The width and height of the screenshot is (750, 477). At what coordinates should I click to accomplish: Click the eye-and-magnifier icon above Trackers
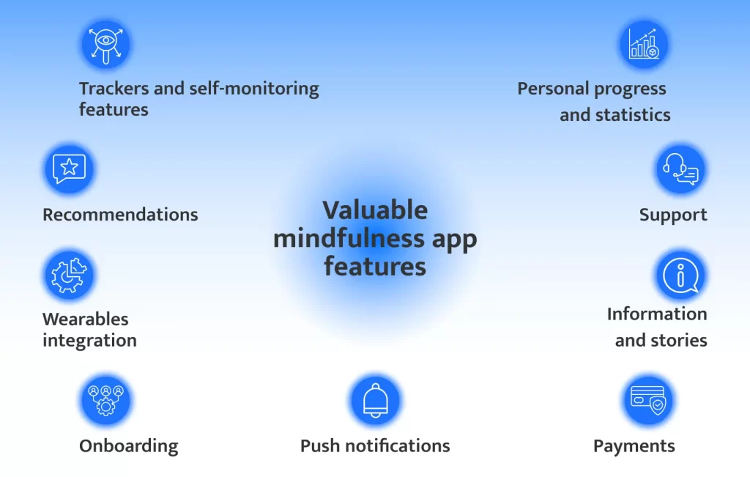click(105, 45)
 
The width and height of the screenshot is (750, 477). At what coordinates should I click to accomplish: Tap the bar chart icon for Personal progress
click(644, 45)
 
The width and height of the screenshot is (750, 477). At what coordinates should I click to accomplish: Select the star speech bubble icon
click(70, 169)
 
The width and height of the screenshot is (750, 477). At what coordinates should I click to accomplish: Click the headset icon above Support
click(680, 169)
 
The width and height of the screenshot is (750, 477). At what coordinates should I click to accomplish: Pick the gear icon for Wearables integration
click(70, 276)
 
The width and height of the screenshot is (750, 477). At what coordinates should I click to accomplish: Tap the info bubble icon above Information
click(680, 276)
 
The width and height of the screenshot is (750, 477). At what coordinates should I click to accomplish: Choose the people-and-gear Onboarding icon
click(105, 400)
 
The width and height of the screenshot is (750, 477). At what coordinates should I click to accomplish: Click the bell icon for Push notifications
click(376, 401)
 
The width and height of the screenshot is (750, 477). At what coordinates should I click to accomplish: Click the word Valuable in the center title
click(375, 210)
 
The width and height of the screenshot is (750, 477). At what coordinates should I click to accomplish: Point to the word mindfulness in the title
click(349, 238)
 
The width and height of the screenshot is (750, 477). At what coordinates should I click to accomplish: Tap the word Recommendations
click(120, 215)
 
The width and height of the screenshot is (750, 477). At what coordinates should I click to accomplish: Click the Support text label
click(673, 215)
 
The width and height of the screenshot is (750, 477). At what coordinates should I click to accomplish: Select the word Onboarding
click(129, 446)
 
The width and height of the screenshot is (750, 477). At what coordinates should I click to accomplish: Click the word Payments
click(634, 446)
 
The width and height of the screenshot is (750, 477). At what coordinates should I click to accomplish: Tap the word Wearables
click(86, 319)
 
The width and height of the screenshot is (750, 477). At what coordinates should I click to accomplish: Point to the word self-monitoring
click(254, 89)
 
